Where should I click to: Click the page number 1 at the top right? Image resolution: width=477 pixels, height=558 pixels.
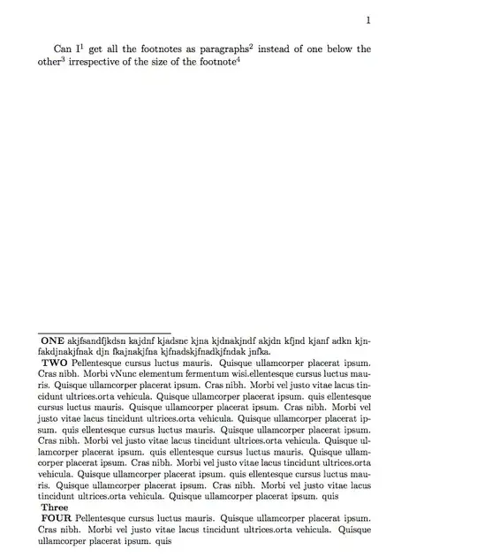pos(367,21)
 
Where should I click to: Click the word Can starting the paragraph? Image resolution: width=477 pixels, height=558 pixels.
pos(63,50)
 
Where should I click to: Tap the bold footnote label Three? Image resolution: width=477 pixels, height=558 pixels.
pos(54,508)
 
